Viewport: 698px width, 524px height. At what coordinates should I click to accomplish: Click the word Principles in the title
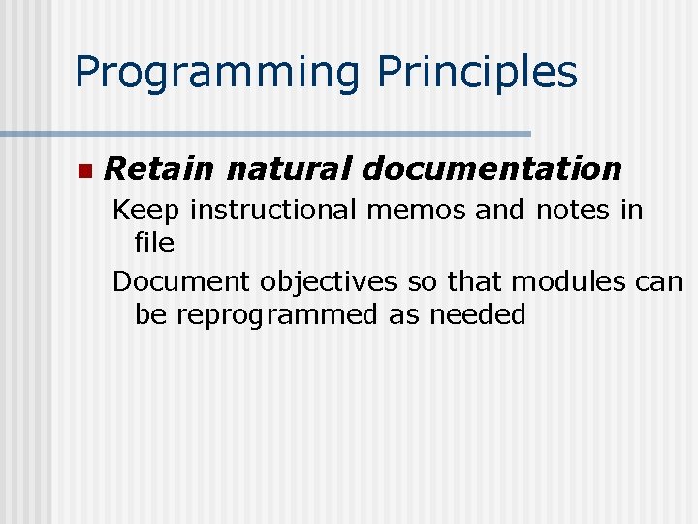[478, 73]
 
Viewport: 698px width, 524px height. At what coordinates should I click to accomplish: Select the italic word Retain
[158, 169]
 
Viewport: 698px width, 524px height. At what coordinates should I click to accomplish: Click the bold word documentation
[492, 169]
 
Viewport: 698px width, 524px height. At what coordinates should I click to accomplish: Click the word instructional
[275, 210]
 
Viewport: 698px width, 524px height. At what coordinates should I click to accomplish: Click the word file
[154, 243]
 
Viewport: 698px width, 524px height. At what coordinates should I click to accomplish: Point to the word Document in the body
[181, 281]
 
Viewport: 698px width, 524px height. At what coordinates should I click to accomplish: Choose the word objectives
[327, 281]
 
